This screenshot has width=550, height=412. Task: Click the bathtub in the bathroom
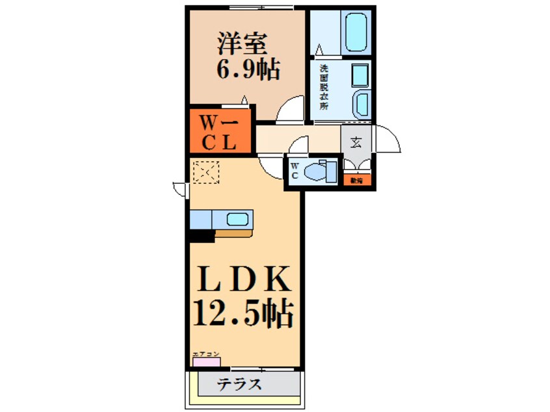pos(357,31)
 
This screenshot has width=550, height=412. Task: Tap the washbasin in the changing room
pos(361,104)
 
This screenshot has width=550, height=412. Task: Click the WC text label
pos(294,171)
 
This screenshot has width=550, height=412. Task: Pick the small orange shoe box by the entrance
pos(356,180)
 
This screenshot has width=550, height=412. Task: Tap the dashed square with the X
pos(207,173)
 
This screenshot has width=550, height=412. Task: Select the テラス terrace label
pos(239,384)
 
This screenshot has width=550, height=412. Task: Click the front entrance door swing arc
pos(388,137)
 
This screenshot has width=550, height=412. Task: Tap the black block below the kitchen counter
pos(202,237)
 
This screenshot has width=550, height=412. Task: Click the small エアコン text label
pos(205,354)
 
